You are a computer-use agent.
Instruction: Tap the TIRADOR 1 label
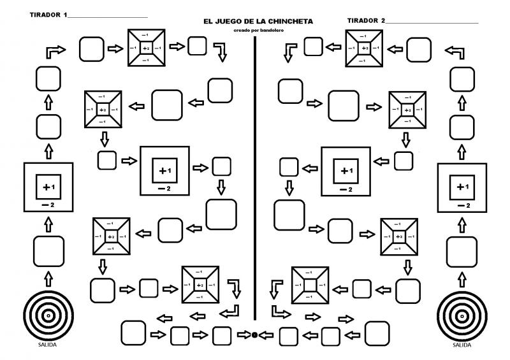48,14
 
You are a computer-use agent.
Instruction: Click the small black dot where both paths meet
254,335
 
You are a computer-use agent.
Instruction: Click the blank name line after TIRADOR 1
108,16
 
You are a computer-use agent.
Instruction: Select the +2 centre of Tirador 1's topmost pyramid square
146,48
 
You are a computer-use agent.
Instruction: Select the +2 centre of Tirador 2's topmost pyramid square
364,48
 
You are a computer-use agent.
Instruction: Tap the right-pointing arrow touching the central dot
244,335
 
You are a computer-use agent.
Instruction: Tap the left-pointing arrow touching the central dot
266,335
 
